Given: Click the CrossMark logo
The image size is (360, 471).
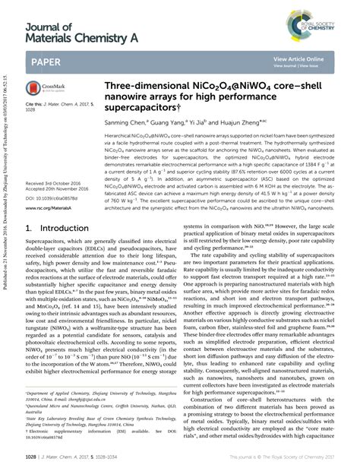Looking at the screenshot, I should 39,90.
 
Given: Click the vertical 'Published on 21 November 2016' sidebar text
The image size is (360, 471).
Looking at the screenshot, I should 6,228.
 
